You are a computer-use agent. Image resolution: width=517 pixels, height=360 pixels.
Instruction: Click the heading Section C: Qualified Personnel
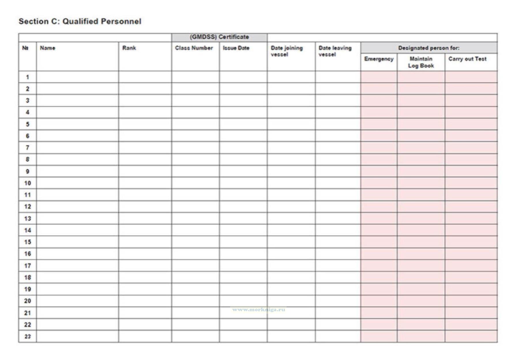click(80, 21)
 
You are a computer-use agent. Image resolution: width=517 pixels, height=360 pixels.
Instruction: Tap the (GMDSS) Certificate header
click(219, 37)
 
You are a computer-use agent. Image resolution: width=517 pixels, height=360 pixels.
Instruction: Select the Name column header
click(48, 48)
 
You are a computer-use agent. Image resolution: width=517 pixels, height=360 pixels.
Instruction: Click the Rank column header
click(129, 48)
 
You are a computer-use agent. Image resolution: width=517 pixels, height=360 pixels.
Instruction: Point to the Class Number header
click(194, 48)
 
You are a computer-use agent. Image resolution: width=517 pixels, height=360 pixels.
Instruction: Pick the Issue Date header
click(236, 48)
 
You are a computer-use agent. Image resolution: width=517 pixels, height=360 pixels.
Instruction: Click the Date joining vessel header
click(287, 51)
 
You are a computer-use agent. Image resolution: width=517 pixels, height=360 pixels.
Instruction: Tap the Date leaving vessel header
click(335, 51)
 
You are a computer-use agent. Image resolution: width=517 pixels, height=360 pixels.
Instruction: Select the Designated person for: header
click(429, 48)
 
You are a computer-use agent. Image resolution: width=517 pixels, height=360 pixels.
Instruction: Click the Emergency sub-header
click(379, 59)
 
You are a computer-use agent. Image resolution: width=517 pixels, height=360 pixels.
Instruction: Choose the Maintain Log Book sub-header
click(421, 62)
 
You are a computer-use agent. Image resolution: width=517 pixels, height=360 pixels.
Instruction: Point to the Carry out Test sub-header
click(467, 59)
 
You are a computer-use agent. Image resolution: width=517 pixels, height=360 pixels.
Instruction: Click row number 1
click(27, 77)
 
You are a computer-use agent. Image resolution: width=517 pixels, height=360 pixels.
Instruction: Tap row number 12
click(27, 207)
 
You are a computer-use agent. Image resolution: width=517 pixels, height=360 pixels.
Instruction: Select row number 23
click(27, 336)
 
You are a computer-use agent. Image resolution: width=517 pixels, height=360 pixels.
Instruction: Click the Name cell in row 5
click(77, 124)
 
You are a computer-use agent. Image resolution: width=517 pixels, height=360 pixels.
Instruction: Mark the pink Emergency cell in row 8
click(379, 159)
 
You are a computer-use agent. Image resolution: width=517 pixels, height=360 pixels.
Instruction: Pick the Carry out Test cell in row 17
click(471, 266)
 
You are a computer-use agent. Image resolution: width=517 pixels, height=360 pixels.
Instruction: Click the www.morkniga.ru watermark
click(259, 310)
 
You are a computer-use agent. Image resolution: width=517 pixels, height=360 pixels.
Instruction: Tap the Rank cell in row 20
click(145, 301)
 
